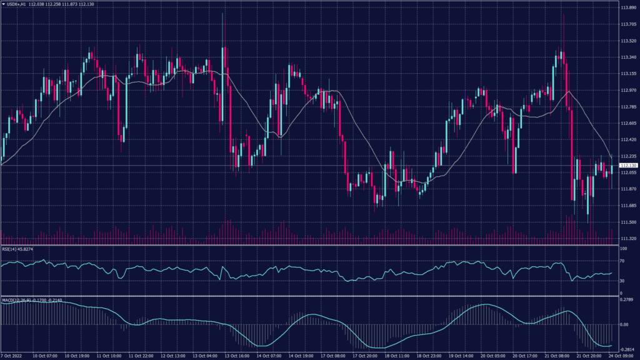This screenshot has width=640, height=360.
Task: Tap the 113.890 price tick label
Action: pyautogui.click(x=627, y=8)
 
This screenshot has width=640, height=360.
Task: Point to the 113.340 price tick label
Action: pyautogui.click(x=627, y=57)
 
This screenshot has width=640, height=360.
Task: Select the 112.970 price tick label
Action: pyautogui.click(x=627, y=90)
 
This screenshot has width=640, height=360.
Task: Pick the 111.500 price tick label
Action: pyautogui.click(x=627, y=222)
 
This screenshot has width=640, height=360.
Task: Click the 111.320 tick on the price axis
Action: pyautogui.click(x=627, y=238)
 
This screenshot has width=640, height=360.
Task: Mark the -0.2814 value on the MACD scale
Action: pyautogui.click(x=627, y=350)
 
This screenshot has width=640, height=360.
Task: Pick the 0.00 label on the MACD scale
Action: pyautogui.click(x=624, y=324)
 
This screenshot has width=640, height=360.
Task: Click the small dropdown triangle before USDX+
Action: pyautogui.click(x=3, y=4)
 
